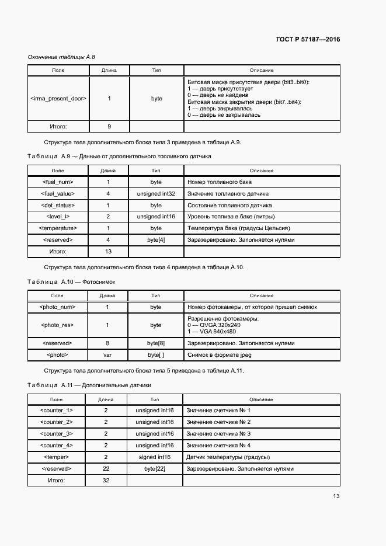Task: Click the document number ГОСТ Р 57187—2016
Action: [308, 40]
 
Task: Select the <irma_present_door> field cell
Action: [58, 99]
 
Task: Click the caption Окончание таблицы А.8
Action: [61, 57]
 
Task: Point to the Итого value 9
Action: [109, 126]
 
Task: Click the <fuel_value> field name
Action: [58, 193]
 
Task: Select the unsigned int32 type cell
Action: [156, 193]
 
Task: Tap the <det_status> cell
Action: [58, 205]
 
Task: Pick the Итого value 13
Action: [108, 251]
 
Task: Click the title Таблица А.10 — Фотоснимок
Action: [72, 281]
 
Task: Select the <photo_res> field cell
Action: [57, 325]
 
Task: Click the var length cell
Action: [107, 354]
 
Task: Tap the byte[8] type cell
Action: [156, 343]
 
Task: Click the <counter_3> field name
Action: [57, 433]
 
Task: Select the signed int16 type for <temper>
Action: [155, 457]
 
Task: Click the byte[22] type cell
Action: [155, 468]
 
